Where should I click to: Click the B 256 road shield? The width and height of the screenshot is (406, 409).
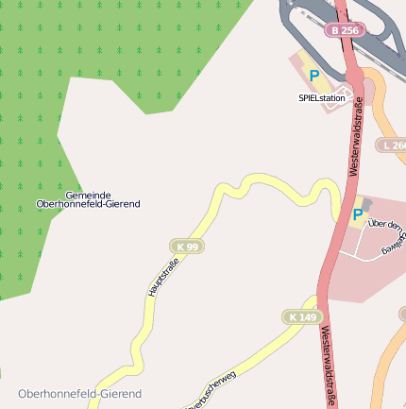coord(346,30)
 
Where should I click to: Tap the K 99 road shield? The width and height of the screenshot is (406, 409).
coord(187,247)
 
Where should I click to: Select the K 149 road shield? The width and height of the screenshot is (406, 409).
coord(302,316)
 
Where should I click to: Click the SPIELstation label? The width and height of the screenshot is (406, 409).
coord(321,97)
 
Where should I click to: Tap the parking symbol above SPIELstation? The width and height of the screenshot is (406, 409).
coord(314,76)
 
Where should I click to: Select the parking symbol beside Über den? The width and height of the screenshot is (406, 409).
coord(357,215)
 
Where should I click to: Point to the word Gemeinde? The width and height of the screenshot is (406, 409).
coord(88,194)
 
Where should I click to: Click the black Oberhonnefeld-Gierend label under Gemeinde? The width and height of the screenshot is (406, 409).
coord(88,204)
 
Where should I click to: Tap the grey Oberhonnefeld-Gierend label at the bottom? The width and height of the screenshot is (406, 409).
coord(79,393)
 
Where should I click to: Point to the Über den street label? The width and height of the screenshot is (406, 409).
coord(385,225)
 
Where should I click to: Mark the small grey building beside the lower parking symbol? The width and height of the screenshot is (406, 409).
coord(366,203)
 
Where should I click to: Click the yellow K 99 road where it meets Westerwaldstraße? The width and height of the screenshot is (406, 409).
coord(338,212)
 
